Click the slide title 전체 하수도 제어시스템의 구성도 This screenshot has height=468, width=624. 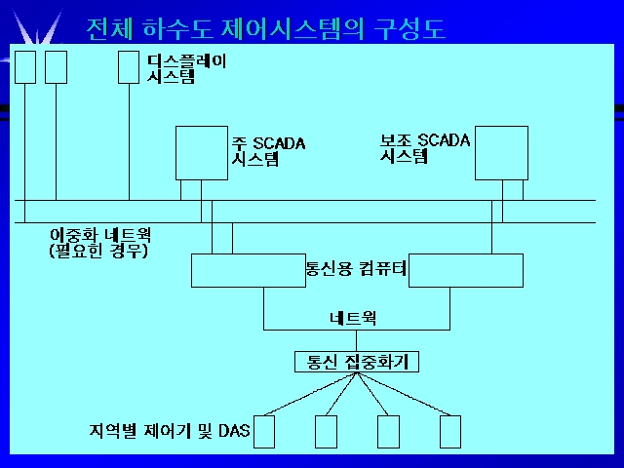(265, 28)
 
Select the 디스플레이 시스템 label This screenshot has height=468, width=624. (186, 68)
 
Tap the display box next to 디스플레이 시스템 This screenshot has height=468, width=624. (129, 67)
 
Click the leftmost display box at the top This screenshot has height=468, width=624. (25, 67)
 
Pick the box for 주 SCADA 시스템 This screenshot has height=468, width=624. (202, 153)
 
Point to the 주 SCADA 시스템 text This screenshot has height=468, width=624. (269, 151)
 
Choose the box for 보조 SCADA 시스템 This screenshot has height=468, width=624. (501, 153)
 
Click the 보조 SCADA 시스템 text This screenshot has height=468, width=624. (425, 148)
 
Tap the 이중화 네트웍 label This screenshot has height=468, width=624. (100, 235)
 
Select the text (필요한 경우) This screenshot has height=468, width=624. (98, 251)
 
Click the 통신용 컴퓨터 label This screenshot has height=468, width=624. (356, 268)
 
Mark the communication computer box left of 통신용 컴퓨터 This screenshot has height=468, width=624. (249, 270)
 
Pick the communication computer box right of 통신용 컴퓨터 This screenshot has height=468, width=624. (466, 270)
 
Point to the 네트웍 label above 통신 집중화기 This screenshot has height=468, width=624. (353, 318)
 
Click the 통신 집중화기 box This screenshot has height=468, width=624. (357, 362)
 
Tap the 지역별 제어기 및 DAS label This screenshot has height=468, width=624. (170, 431)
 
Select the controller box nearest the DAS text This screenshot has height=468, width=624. (264, 432)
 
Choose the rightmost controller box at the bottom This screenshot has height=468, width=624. (450, 432)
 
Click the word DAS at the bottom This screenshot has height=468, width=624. (234, 431)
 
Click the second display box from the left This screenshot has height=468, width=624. (57, 67)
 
